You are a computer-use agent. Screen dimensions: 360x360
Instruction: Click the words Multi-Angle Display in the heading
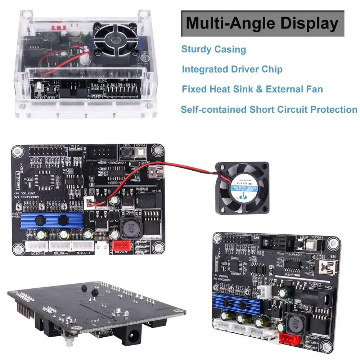(x=262, y=23)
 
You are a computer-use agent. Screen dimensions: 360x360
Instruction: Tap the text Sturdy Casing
(x=213, y=49)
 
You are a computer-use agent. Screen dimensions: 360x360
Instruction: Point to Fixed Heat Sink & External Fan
(x=252, y=89)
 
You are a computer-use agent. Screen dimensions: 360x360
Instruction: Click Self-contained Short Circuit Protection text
(x=269, y=109)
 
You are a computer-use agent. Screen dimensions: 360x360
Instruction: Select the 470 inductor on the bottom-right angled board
(x=295, y=323)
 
